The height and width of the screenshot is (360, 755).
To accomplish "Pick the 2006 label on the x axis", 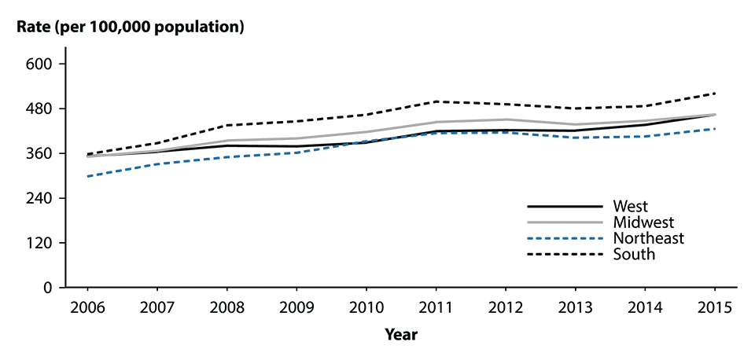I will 87,307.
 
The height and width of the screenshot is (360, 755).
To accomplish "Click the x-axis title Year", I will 400,335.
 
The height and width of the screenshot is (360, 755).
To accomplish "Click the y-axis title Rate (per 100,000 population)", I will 131,28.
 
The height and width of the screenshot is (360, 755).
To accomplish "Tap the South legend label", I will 632,254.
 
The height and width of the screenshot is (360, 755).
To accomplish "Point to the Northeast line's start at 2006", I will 87,176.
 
